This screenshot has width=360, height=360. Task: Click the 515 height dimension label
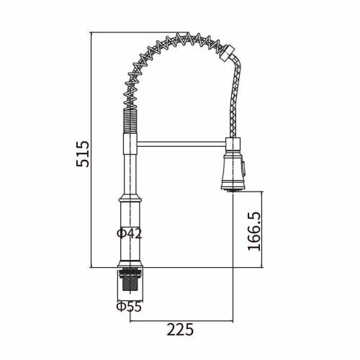(x=83, y=154)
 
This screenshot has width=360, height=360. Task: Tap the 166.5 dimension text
(x=254, y=231)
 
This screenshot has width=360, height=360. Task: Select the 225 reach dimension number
(x=180, y=330)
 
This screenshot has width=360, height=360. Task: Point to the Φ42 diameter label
(x=130, y=233)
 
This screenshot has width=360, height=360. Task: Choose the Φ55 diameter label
(x=129, y=307)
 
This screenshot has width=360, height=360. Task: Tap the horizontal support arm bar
(x=181, y=144)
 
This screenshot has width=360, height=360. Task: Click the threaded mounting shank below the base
(x=130, y=280)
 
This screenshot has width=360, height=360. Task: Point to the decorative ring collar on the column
(x=130, y=198)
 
